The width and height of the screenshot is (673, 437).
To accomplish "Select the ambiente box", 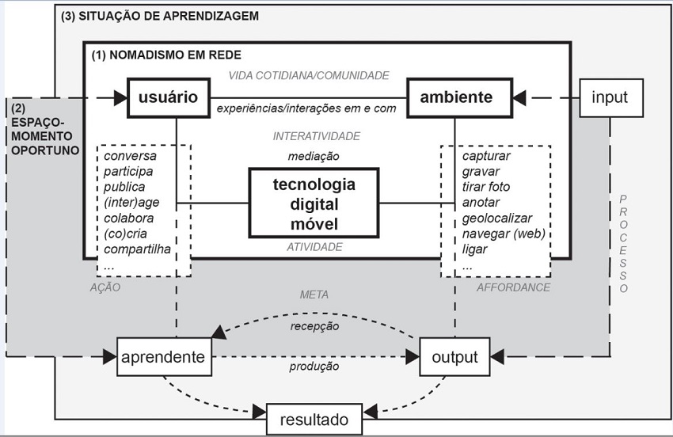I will coord(456,97).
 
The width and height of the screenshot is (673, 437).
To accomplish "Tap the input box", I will coord(609,97).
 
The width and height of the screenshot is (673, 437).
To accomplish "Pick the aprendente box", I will coord(163,357).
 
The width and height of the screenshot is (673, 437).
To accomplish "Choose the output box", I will coord(454,357).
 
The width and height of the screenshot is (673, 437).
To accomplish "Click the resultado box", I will coord(314,420).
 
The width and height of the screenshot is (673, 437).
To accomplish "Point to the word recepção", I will coord(314,325).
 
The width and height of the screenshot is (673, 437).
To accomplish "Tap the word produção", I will coord(314,367).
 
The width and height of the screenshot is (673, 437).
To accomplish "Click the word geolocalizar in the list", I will coord(497,218).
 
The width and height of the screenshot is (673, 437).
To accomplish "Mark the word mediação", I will coord(314,156).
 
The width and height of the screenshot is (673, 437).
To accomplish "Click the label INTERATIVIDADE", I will coord(316,136).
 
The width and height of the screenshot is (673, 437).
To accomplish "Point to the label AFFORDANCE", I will coord(513,287).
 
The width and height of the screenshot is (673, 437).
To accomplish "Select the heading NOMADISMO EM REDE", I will coord(166,55).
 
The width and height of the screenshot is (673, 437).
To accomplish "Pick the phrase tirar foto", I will coord(486,187).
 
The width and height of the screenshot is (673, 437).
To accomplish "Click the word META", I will coord(314,294).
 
